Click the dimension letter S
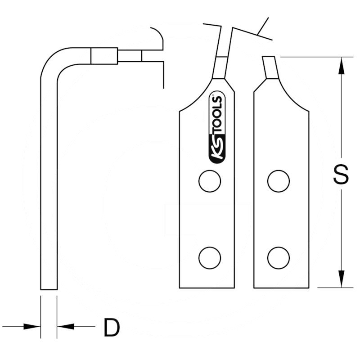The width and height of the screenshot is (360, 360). [341, 174]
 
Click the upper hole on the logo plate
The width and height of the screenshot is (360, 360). [210, 181]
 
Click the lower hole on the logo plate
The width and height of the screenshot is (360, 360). [210, 258]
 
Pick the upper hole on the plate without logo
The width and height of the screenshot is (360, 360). [278, 181]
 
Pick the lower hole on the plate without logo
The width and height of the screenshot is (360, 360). [278, 258]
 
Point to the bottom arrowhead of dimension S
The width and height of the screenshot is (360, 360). [341, 279]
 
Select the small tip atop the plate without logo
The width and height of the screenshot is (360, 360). [270, 67]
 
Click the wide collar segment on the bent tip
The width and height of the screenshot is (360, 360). [104, 56]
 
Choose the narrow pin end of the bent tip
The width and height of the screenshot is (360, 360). [130, 56]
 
